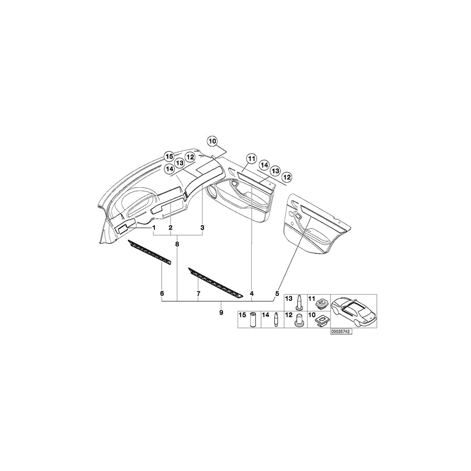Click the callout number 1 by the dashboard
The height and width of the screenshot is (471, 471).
click(154, 228)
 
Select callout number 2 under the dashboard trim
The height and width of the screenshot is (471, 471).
click(171, 228)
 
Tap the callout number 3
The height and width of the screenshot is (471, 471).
click(203, 228)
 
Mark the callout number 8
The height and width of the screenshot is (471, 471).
click(177, 244)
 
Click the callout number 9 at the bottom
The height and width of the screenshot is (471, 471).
click(221, 312)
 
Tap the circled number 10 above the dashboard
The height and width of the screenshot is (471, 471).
click(212, 141)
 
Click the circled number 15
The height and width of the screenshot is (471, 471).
click(169, 156)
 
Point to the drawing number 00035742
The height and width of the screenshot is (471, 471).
click(340, 331)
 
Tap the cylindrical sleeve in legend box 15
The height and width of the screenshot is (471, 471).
click(252, 319)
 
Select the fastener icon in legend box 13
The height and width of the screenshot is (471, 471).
click(298, 303)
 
